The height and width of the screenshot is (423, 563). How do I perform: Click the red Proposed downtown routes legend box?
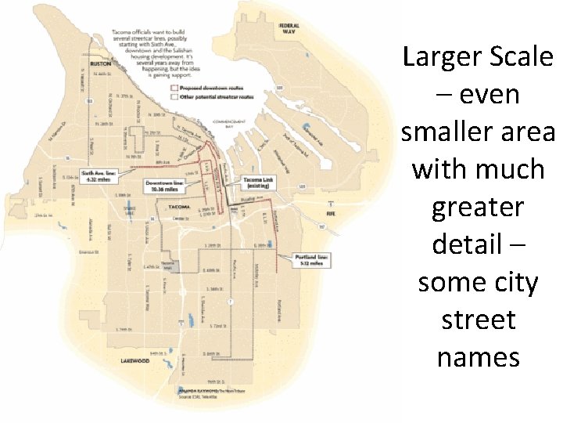pos(174,89)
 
